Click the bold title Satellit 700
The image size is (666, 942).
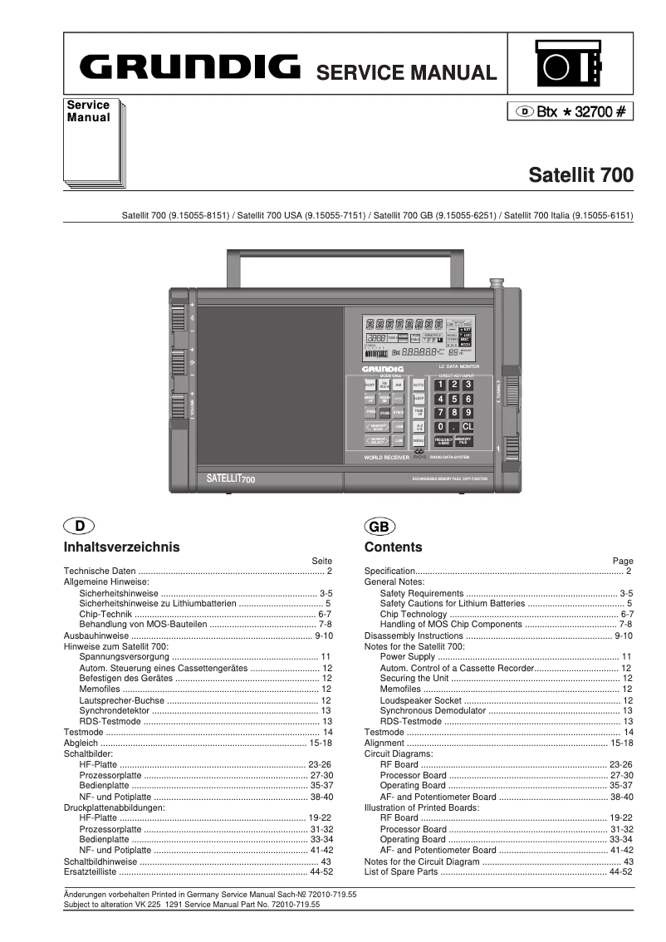click(x=581, y=175)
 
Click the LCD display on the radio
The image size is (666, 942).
click(x=417, y=337)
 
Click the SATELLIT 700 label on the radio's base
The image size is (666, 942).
click(x=231, y=478)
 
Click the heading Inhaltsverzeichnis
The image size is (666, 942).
click(x=122, y=547)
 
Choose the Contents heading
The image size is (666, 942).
click(x=394, y=547)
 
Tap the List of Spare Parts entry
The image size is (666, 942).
click(x=401, y=872)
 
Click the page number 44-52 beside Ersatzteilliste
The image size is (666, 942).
click(x=321, y=872)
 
